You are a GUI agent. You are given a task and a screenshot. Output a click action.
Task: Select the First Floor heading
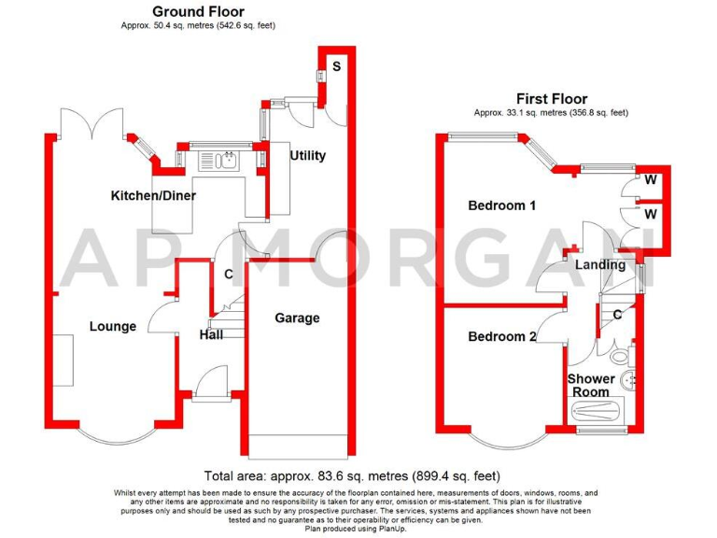click(552, 98)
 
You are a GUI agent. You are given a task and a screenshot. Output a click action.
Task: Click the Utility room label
click(307, 155)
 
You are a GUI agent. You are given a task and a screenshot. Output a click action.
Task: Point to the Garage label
click(297, 319)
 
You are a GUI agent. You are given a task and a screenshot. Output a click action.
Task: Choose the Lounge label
click(113, 326)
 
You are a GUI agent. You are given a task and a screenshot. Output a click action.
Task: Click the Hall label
click(210, 334)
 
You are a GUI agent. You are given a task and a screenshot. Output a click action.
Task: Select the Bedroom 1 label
click(501, 205)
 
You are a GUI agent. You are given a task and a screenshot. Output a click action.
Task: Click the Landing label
click(599, 265)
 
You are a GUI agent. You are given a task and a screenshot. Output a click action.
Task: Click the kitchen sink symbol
click(225, 162)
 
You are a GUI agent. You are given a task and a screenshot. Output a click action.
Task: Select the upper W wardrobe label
click(649, 180)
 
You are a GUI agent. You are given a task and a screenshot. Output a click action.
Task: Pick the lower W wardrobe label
click(649, 214)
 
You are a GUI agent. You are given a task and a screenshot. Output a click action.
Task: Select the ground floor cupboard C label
click(228, 275)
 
